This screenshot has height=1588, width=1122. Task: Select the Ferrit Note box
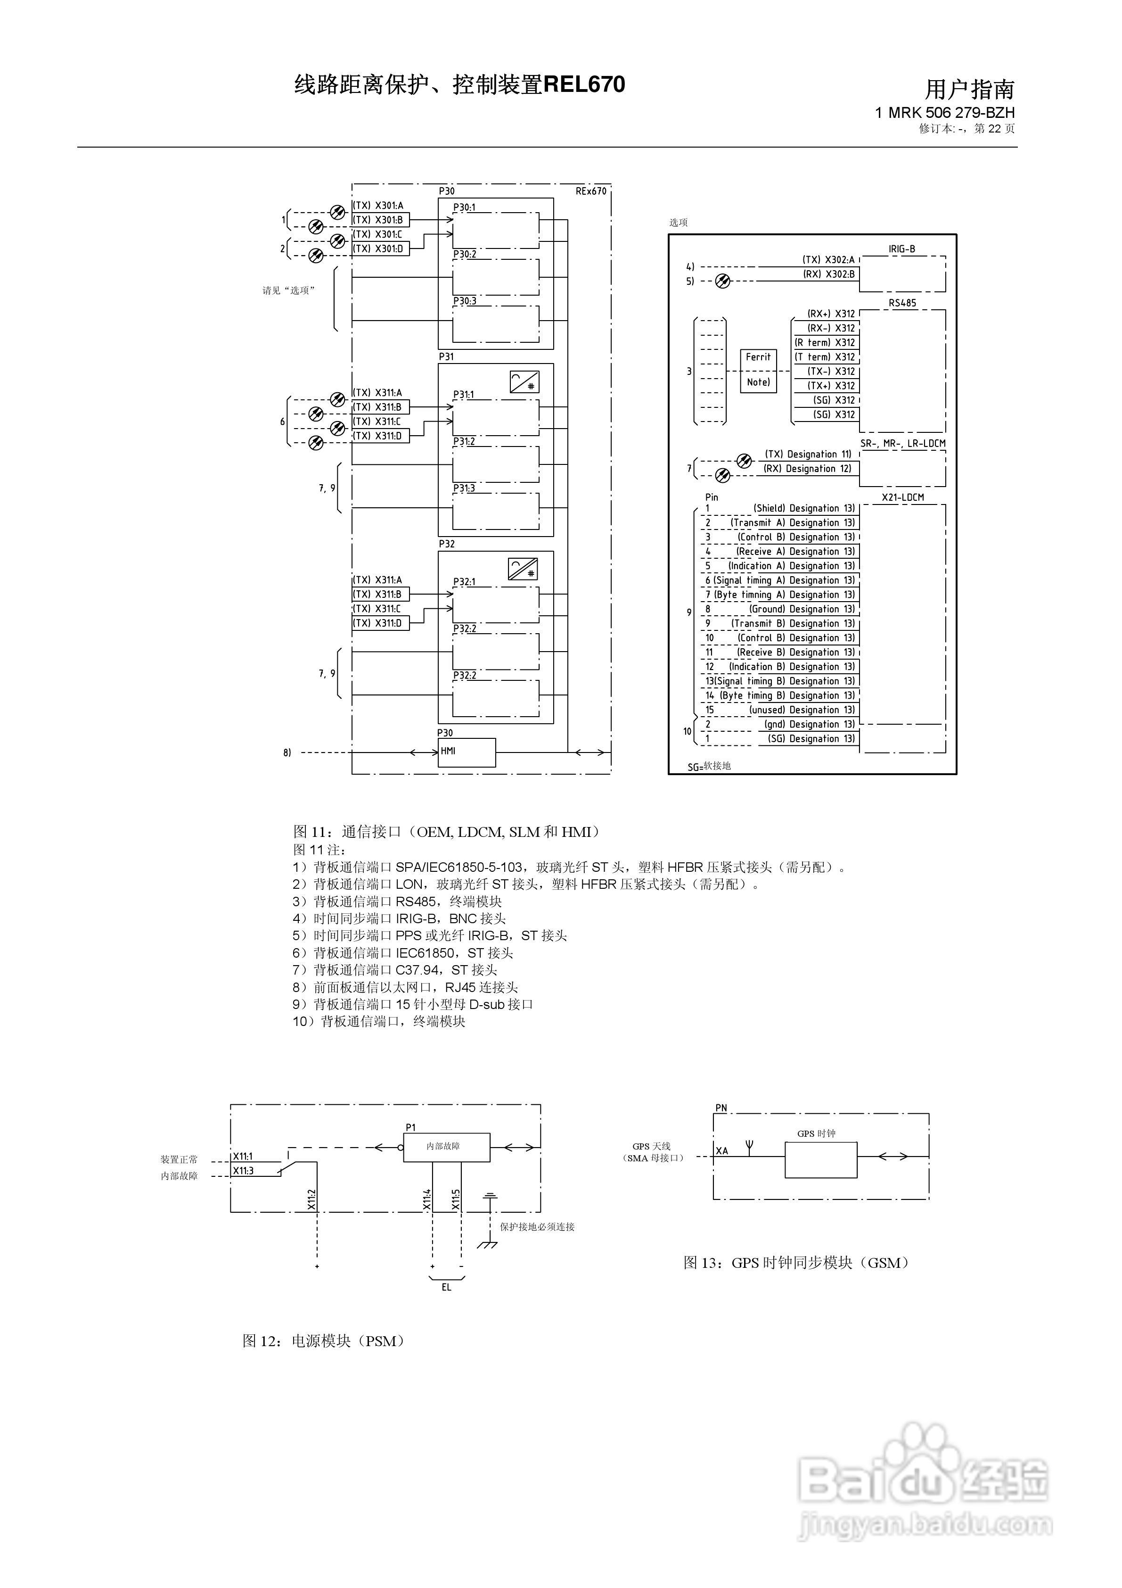click(x=758, y=370)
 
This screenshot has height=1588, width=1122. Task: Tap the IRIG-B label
click(x=901, y=249)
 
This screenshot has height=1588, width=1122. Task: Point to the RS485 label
click(x=902, y=303)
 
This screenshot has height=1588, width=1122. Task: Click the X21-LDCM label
click(x=902, y=497)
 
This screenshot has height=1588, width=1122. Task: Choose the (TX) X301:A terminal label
click(x=378, y=206)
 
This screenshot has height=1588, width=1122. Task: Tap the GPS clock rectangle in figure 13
click(x=820, y=1160)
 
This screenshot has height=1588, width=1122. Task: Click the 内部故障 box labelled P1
click(x=447, y=1147)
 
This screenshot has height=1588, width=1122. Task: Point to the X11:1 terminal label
click(x=243, y=1157)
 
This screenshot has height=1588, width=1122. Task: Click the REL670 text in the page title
click(x=584, y=84)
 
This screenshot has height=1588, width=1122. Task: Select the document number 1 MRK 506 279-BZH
click(x=944, y=112)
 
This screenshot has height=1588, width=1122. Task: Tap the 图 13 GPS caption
click(x=796, y=1263)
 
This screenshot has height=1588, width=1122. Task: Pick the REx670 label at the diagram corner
click(x=590, y=191)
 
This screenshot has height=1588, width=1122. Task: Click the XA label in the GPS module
click(x=722, y=1151)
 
